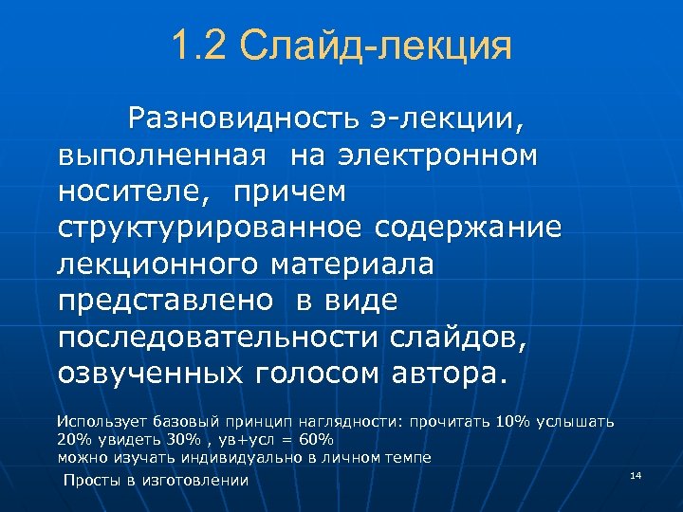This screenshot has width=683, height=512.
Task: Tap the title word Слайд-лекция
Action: tap(376, 46)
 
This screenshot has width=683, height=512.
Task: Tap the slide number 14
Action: tap(636, 474)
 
